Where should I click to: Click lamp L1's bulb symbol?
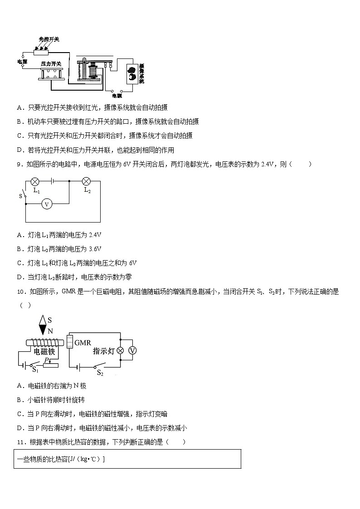pyautogui.click(x=35, y=182)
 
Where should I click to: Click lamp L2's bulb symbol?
pyautogui.click(x=87, y=182)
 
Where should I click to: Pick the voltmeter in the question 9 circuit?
pyautogui.click(x=46, y=204)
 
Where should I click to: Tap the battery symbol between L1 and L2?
pyautogui.click(x=53, y=182)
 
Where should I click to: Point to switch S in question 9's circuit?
pyautogui.click(x=24, y=196)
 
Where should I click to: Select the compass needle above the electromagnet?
pyautogui.click(x=43, y=325)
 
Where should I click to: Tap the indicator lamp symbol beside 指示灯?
pyautogui.click(x=121, y=351)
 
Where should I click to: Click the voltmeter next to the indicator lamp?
pyautogui.click(x=133, y=351)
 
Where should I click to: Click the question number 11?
pyautogui.click(x=20, y=442)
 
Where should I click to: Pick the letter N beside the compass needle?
pyautogui.click(x=50, y=331)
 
